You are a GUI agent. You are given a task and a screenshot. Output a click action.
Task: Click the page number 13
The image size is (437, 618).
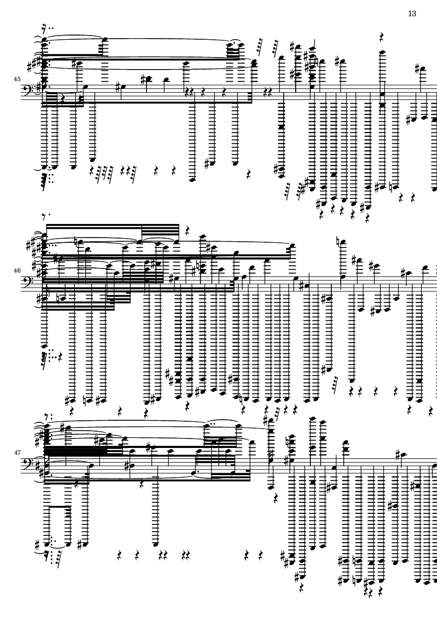[412, 13]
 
